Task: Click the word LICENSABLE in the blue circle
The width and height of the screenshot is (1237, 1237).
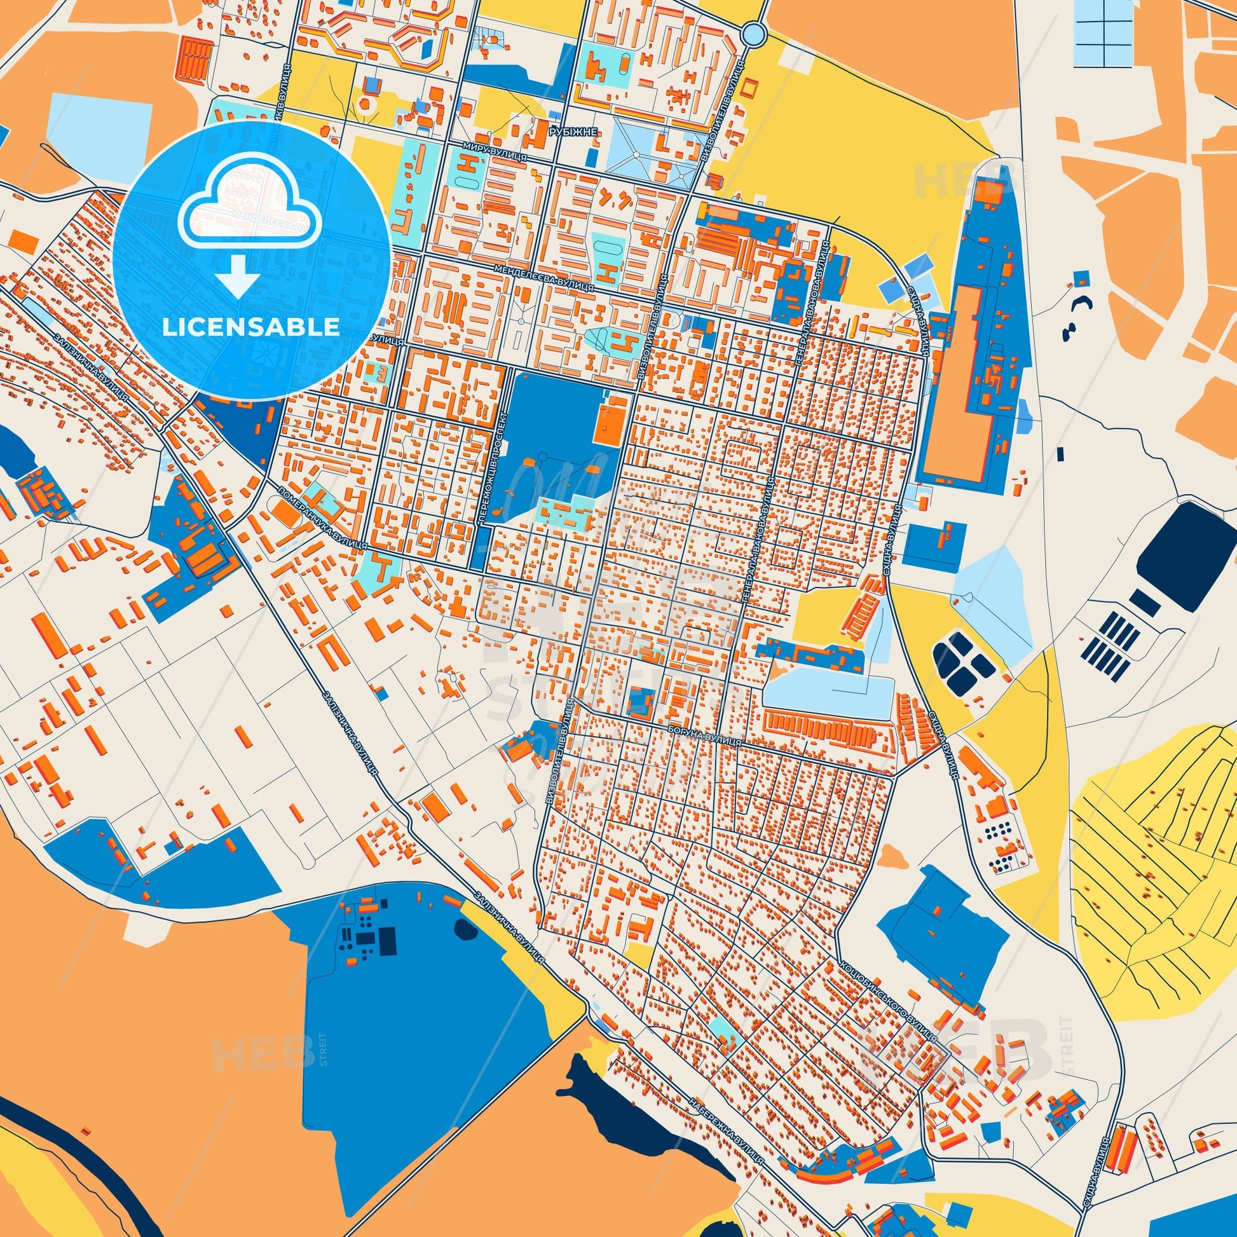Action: click(251, 327)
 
